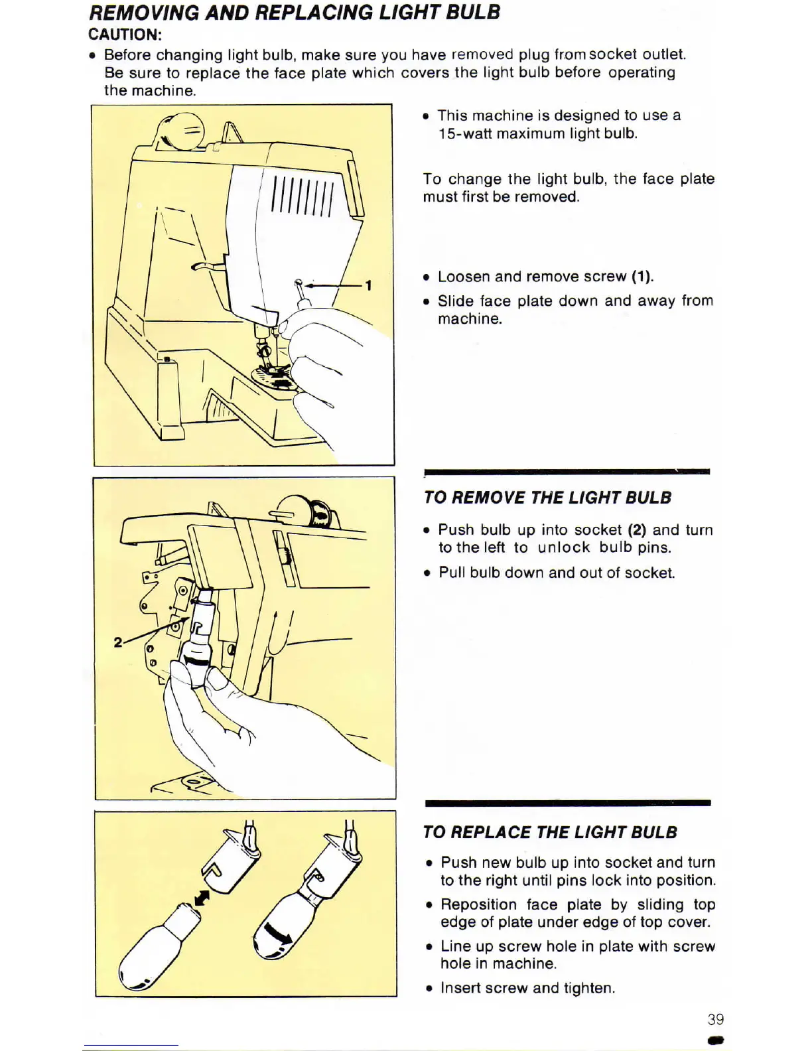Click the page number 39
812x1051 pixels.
coord(715,1019)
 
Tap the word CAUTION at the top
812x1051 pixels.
coord(125,35)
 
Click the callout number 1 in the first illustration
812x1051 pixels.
coord(368,285)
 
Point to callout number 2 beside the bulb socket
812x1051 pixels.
coord(117,642)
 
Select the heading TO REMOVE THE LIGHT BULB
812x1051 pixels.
coord(547,498)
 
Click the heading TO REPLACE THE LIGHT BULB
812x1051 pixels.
coord(550,832)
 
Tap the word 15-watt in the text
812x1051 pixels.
coord(464,133)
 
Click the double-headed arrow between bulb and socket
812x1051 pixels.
coord(202,898)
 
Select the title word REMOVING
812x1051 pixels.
coord(145,12)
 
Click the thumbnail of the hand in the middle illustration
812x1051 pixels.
coord(218,679)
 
